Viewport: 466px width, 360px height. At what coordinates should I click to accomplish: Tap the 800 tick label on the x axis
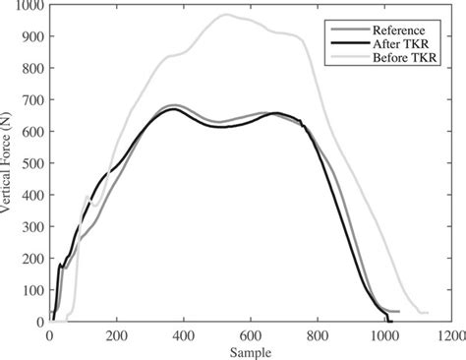click(318, 334)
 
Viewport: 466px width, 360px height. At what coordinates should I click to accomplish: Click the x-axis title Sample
click(251, 350)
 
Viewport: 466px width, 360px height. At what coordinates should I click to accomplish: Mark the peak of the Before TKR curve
click(225, 15)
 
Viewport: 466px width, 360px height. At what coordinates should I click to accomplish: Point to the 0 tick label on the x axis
click(50, 334)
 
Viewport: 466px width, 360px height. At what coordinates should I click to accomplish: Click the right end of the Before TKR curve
click(428, 313)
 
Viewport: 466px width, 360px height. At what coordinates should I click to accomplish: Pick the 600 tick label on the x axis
click(251, 334)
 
